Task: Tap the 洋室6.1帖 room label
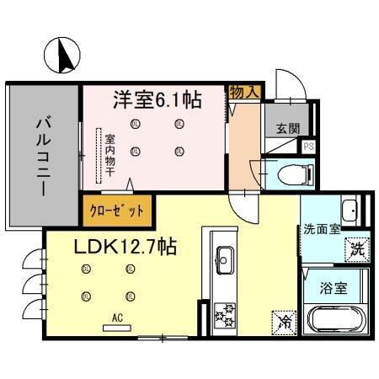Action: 157,100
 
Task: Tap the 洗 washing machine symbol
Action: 356,248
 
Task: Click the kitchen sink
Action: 225,256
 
